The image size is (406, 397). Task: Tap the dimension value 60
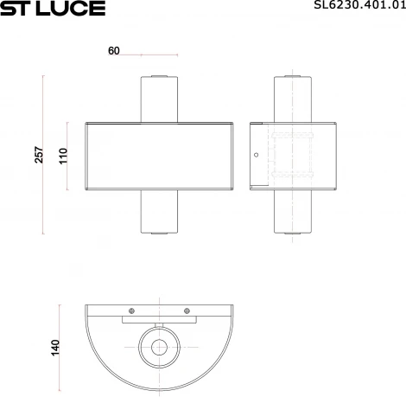(x=114, y=51)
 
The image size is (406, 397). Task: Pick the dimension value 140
(x=55, y=348)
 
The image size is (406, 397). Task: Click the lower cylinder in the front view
(x=158, y=212)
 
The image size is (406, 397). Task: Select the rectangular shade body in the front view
(x=158, y=157)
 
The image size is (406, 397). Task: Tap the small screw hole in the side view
(x=256, y=157)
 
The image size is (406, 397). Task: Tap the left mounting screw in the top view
(x=130, y=311)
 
